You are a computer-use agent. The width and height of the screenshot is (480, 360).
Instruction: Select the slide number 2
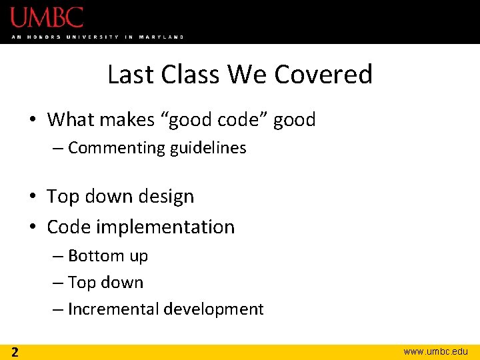[14, 351]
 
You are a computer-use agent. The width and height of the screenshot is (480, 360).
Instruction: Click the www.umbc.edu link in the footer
[435, 351]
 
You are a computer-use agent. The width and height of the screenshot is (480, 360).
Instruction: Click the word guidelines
[208, 148]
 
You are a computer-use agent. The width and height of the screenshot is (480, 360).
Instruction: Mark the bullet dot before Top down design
[33, 197]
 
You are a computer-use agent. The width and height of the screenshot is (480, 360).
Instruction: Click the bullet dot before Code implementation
[33, 227]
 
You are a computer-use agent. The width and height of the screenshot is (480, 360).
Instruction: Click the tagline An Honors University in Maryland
[97, 37]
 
